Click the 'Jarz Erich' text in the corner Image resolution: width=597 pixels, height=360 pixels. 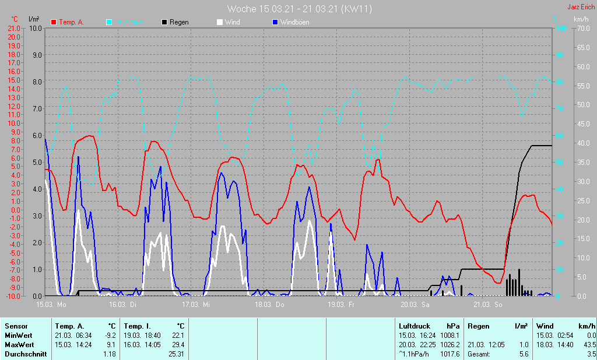(581, 7)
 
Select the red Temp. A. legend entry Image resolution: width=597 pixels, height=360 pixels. (68, 22)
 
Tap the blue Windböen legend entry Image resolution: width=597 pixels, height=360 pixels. (290, 22)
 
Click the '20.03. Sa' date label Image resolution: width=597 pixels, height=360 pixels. (415, 305)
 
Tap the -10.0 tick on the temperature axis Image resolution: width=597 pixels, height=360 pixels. (13, 296)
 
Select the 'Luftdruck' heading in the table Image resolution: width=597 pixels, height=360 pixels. (414, 326)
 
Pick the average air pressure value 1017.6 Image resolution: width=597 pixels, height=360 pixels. (449, 354)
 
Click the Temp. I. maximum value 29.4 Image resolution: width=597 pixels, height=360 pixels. (178, 344)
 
